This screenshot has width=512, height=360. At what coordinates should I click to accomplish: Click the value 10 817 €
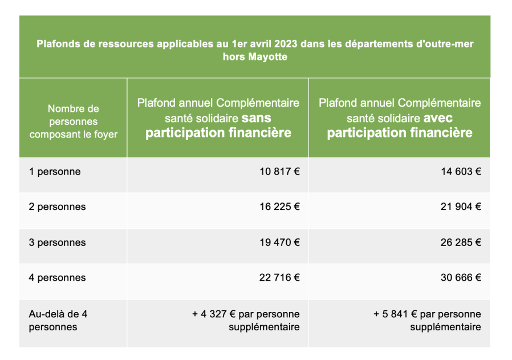point(279,171)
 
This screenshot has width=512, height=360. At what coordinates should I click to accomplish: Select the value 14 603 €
point(461,171)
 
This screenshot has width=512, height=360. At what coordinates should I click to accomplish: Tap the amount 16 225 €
point(279,207)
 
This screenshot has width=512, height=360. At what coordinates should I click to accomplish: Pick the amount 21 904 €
point(461,207)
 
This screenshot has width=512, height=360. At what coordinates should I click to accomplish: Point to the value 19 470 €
point(279,242)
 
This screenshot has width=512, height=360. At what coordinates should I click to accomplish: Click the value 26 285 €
point(461,242)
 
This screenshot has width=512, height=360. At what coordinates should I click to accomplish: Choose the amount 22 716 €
point(279,278)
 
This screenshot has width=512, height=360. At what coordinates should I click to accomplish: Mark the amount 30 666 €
point(461,278)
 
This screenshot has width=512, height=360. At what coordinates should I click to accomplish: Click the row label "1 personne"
point(55,171)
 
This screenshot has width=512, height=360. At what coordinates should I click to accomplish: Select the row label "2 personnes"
point(57,207)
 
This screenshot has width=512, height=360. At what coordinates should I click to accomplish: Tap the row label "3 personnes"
point(57,242)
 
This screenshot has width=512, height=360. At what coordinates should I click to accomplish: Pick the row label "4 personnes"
point(57,278)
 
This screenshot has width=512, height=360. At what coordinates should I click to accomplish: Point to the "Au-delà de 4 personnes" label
point(58,320)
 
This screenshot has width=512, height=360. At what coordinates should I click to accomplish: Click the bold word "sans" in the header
point(257,118)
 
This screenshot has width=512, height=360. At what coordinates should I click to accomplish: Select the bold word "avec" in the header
point(438,118)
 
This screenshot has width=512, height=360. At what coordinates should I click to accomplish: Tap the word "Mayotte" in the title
point(267,57)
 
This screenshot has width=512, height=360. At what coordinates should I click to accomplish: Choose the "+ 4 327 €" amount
point(214,314)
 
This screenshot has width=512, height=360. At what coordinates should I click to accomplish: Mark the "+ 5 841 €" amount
point(395,314)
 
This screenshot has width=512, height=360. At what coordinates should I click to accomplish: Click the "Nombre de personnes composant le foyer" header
point(73,121)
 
